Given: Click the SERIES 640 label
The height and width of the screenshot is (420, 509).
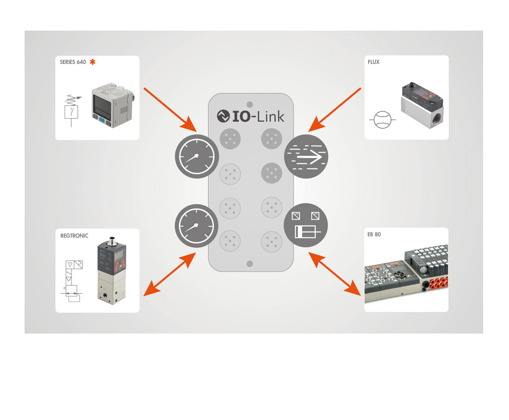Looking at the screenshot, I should pyautogui.click(x=73, y=62).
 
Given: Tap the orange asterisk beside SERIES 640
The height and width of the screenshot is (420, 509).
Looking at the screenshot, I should pyautogui.click(x=92, y=62).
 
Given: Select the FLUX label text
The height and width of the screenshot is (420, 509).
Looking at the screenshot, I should pyautogui.click(x=374, y=62).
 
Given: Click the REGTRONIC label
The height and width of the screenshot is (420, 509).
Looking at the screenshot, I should pyautogui.click(x=74, y=236).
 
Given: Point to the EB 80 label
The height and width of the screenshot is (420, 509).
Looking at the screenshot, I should pyautogui.click(x=374, y=234).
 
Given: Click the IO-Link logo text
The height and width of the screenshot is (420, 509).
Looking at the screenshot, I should pyautogui.click(x=250, y=116).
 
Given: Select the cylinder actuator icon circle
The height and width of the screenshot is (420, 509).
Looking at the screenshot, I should pyautogui.click(x=306, y=226).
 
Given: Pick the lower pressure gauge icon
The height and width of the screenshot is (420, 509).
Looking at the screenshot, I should pyautogui.click(x=197, y=225).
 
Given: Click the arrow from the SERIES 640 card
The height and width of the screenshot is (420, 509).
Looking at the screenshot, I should pyautogui.click(x=170, y=109).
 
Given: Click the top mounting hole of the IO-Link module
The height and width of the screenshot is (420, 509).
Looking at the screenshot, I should pyautogui.click(x=250, y=104).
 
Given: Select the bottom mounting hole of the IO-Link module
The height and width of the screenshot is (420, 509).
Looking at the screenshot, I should pyautogui.click(x=250, y=264).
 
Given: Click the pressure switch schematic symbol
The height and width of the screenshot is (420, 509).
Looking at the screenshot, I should pyautogui.click(x=71, y=108).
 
